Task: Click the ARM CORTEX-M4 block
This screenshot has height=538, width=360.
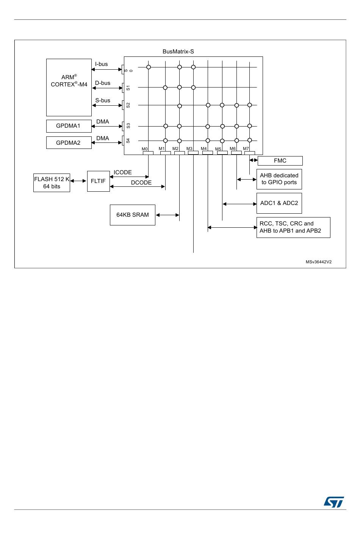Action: [x=69, y=87]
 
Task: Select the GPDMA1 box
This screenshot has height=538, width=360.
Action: [x=69, y=126]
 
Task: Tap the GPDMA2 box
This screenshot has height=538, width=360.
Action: [x=69, y=143]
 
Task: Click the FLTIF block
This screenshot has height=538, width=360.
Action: [x=98, y=181]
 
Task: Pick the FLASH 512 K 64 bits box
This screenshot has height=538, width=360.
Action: [x=52, y=183]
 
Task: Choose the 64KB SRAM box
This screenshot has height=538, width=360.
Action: [x=132, y=215]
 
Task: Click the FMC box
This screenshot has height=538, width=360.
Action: [x=280, y=161]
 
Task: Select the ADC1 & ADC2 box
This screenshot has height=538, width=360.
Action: [x=279, y=203]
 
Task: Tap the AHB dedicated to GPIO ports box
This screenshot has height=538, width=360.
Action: [x=279, y=179]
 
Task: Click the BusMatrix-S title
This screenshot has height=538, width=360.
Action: [x=178, y=52]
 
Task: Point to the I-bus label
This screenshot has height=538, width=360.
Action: [x=102, y=64]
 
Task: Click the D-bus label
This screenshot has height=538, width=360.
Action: [x=103, y=83]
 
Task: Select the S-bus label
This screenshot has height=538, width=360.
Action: [x=103, y=100]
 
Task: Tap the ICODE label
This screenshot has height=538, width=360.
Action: [x=123, y=172]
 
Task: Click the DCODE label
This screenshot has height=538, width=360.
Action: [x=141, y=183]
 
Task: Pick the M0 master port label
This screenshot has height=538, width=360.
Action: [x=145, y=149]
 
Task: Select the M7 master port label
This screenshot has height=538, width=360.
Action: [x=246, y=149]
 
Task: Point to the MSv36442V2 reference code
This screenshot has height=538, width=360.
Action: [x=319, y=262]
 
